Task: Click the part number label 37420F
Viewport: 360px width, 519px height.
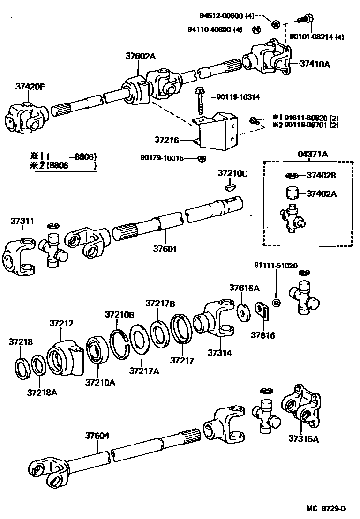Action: click(30, 86)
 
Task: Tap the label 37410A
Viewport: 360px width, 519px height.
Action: click(315, 64)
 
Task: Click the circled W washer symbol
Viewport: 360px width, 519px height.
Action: click(276, 24)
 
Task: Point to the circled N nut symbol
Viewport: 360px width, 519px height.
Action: click(256, 30)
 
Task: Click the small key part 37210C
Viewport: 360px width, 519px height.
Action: click(229, 188)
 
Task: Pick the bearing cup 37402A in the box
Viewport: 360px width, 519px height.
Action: click(293, 193)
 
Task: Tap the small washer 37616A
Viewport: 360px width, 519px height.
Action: click(243, 312)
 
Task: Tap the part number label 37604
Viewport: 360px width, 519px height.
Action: click(97, 436)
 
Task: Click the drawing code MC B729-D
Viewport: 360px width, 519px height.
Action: click(326, 509)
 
